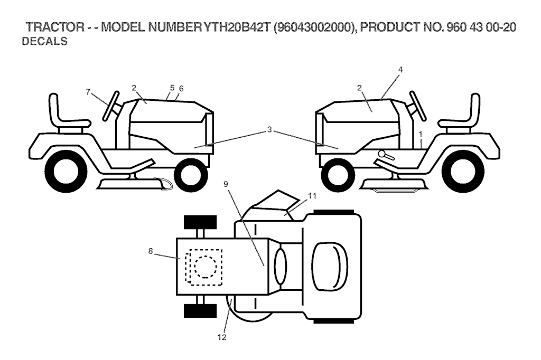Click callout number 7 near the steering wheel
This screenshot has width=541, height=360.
tap(88, 91)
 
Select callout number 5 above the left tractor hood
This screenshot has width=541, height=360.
tap(172, 88)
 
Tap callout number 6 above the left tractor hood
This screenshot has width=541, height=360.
tap(181, 89)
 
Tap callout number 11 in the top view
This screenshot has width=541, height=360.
tap(312, 196)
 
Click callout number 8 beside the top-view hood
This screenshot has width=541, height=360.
tap(151, 252)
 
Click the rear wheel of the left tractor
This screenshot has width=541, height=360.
tap(66, 171)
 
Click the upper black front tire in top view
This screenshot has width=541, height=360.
tap(200, 222)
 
